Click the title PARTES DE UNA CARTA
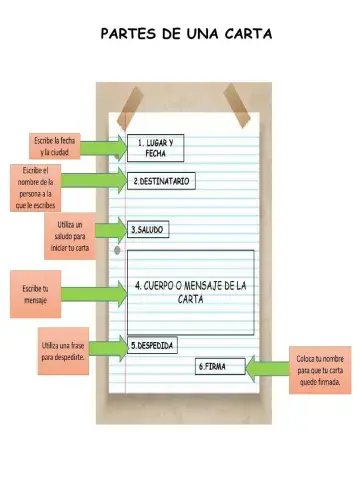click(186, 35)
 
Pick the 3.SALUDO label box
click(148, 230)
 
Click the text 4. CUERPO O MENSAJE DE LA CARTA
click(190, 292)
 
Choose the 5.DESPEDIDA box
click(153, 346)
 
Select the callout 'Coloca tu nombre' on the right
click(321, 369)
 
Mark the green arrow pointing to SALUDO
click(111, 231)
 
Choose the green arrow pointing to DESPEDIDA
click(112, 347)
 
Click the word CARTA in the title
click(241, 35)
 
